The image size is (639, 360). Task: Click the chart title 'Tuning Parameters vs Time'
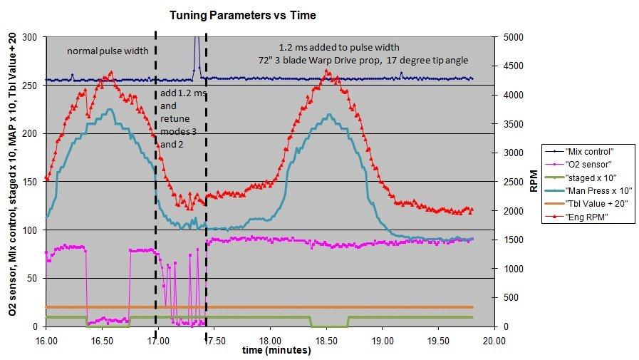[242, 14]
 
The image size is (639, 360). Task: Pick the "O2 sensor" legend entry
[586, 164]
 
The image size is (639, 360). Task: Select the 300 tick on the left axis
[30, 37]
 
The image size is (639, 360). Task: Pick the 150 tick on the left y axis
[30, 182]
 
